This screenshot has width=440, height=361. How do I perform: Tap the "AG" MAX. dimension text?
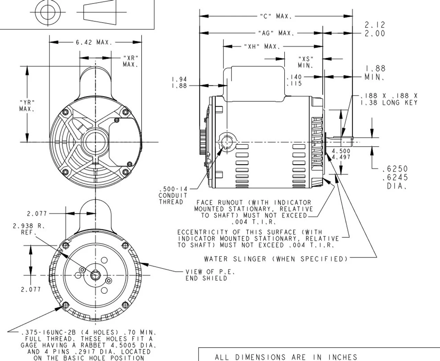pyautogui.click(x=276, y=33)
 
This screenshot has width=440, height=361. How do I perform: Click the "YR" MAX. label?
pyautogui.click(x=27, y=105)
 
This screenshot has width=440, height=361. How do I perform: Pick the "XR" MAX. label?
pyautogui.click(x=131, y=61)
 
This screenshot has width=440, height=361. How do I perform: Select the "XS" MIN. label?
pyautogui.click(x=306, y=62)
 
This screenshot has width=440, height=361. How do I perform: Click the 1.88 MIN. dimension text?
pyautogui.click(x=375, y=73)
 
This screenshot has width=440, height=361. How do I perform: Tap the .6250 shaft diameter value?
pyautogui.click(x=395, y=169)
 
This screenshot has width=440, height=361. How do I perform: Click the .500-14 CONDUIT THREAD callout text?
pyautogui.click(x=173, y=196)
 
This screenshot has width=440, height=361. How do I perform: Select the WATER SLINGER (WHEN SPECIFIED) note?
pyautogui.click(x=276, y=259)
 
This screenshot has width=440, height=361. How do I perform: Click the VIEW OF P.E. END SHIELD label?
pyautogui.click(x=210, y=275)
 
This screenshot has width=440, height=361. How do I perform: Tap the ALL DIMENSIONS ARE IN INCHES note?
pyautogui.click(x=286, y=357)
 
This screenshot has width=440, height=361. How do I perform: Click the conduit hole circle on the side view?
pyautogui.click(x=227, y=142)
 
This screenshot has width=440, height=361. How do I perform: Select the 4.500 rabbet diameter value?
pyautogui.click(x=341, y=151)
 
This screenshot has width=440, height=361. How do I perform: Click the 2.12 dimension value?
pyautogui.click(x=375, y=25)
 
